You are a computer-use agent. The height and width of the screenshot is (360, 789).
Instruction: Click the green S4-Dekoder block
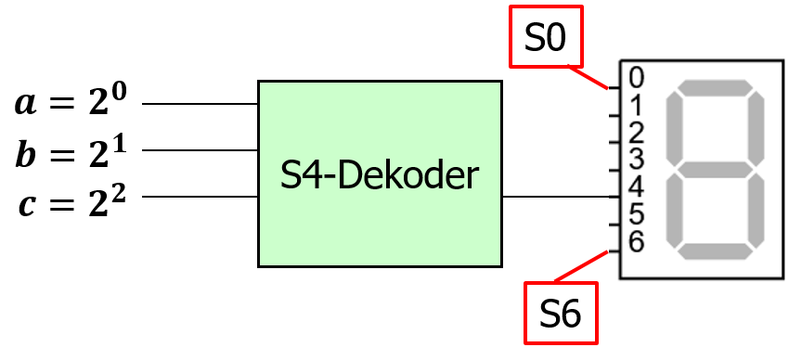click(x=380, y=174)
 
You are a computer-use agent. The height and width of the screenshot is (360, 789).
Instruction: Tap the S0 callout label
click(x=546, y=37)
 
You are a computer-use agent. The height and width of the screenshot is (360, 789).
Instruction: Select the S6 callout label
click(x=560, y=315)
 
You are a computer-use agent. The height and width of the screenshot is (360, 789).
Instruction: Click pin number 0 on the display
click(x=636, y=75)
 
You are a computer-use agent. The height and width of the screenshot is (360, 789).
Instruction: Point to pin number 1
click(x=636, y=103)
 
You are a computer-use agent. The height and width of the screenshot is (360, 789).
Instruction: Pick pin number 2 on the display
click(x=636, y=131)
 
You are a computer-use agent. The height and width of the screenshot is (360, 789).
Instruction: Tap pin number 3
click(x=636, y=159)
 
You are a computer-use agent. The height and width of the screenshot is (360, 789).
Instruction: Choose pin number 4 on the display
click(x=636, y=186)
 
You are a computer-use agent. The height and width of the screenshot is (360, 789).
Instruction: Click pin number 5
click(x=636, y=214)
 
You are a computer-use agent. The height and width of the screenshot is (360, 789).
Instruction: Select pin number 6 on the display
click(x=636, y=242)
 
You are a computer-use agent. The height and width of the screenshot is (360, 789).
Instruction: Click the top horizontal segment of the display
click(x=715, y=87)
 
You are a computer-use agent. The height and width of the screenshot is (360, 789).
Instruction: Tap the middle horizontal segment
click(x=715, y=170)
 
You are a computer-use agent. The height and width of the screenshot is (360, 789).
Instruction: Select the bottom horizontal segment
click(x=715, y=252)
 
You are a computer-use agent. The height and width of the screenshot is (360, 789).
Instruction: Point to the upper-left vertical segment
click(x=673, y=128)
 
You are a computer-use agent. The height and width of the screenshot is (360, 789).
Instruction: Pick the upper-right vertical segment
click(x=757, y=128)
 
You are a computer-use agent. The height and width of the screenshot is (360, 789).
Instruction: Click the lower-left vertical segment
click(x=673, y=212)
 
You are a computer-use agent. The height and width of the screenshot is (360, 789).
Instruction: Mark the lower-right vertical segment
click(x=757, y=212)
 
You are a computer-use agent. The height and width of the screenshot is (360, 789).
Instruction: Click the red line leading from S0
click(x=589, y=77)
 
